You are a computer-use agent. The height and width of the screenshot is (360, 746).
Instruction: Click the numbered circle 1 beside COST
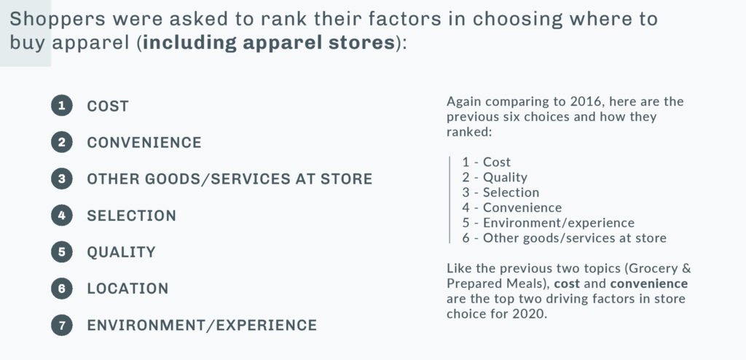(61, 106)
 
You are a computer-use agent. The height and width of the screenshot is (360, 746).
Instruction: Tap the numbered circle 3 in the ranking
(61, 179)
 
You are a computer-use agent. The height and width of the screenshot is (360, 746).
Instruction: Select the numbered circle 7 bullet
(61, 325)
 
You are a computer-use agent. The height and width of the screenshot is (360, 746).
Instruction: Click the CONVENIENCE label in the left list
(144, 142)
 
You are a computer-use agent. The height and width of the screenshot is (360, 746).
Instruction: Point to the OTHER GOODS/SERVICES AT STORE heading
(229, 179)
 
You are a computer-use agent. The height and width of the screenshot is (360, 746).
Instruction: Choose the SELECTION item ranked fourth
(131, 215)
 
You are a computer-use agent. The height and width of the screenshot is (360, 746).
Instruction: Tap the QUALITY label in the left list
(121, 252)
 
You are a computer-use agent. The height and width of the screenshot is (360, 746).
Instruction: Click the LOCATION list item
(127, 289)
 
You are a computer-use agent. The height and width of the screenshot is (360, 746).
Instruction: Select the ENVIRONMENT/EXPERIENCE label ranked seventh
(202, 325)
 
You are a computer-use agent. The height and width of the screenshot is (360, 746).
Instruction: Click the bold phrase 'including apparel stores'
(270, 43)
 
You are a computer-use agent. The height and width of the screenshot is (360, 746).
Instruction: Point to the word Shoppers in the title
(56, 20)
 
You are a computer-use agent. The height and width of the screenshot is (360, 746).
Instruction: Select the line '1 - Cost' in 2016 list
(486, 163)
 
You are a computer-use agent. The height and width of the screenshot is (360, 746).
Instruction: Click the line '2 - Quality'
(495, 178)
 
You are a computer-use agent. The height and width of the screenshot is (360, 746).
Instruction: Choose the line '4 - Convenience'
(512, 208)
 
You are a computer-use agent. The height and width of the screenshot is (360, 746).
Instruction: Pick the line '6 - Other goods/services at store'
(565, 238)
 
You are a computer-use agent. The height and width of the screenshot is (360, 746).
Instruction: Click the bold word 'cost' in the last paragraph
(567, 284)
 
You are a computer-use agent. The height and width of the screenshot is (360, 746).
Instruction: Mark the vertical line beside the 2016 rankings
(449, 200)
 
